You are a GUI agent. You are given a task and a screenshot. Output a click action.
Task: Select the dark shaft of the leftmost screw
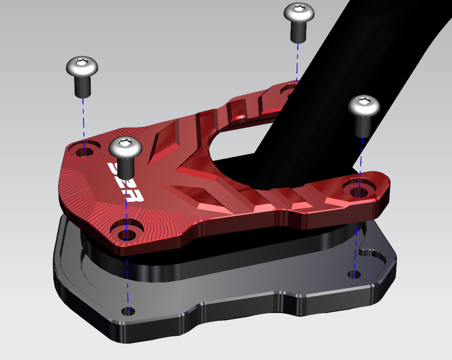click(x=83, y=86)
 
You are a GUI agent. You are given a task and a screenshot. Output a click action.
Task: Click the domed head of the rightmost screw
click(x=364, y=106)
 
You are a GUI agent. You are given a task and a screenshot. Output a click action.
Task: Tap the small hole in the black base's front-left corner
click(x=128, y=311)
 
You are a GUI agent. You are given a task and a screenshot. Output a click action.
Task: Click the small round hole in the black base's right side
click(x=355, y=274)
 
